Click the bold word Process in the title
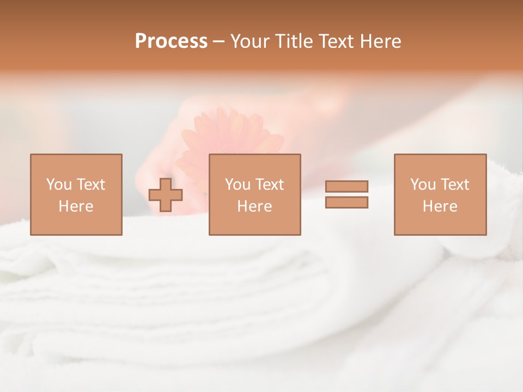171,41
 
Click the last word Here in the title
381,41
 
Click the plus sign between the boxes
166,194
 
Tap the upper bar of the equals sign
346,186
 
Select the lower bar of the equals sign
346,203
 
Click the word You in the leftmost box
58,185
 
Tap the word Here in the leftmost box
76,206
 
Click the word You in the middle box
238,185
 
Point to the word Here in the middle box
254,206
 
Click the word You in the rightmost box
423,185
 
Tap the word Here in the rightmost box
440,206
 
